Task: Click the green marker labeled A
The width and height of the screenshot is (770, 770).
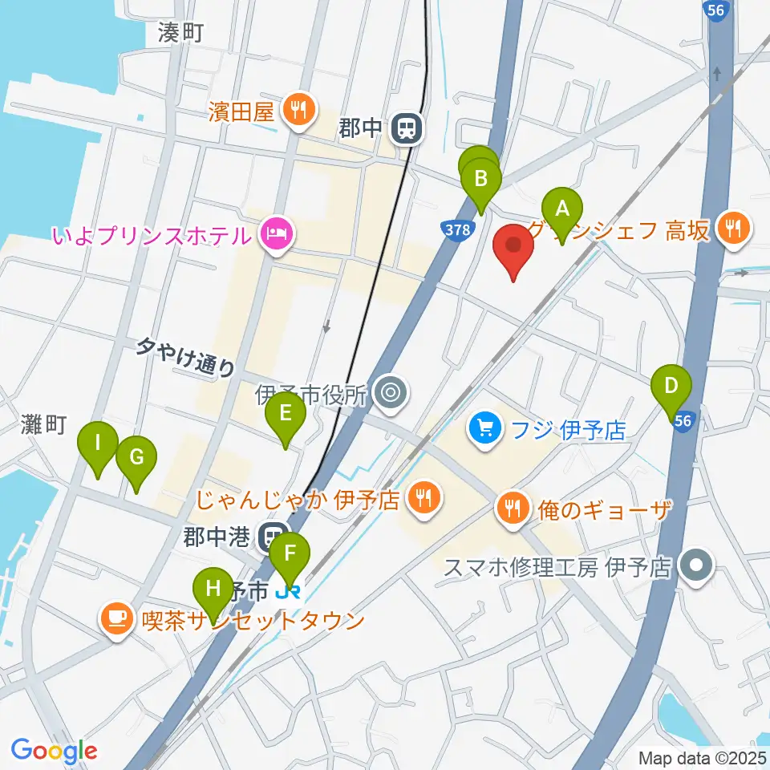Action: tap(562, 210)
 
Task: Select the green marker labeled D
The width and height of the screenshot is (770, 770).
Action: tap(671, 387)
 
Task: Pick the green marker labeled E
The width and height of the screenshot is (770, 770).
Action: tap(285, 414)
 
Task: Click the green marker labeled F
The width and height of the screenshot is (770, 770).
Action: tap(290, 553)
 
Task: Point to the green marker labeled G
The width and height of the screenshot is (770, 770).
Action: tap(136, 459)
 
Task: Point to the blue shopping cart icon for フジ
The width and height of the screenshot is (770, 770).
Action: tap(484, 428)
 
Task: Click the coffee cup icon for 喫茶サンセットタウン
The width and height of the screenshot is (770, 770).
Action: tap(116, 619)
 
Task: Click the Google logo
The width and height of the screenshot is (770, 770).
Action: tap(55, 751)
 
